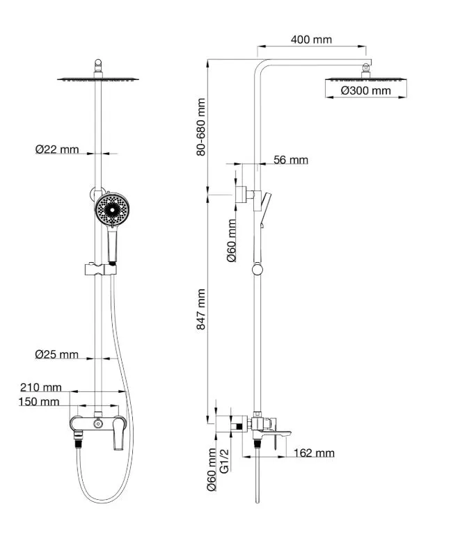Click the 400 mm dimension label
(x=311, y=39)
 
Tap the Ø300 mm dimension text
(x=366, y=90)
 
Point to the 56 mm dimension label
(x=291, y=161)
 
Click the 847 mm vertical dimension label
(x=202, y=309)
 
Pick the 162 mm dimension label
(x=314, y=453)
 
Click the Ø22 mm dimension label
(x=57, y=149)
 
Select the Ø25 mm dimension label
(x=57, y=355)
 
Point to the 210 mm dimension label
(x=41, y=387)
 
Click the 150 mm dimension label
(x=40, y=402)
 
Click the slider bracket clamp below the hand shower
(x=97, y=268)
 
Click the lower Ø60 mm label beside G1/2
(x=211, y=469)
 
